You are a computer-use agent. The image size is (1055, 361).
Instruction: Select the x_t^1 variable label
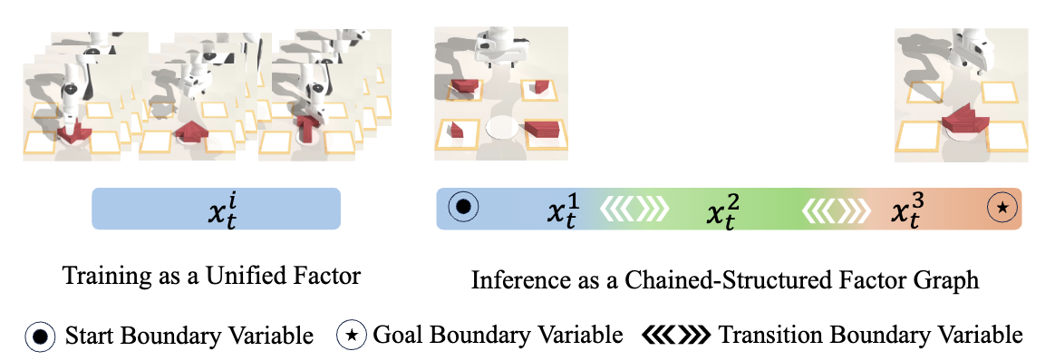pos(563,210)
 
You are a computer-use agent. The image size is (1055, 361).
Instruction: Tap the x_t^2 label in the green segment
pos(723,210)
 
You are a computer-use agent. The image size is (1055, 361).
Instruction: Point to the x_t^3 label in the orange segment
pos(907,210)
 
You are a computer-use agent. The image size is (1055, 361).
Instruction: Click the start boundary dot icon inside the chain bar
pos(463,208)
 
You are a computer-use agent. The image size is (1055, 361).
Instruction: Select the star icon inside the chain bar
pos(1002,208)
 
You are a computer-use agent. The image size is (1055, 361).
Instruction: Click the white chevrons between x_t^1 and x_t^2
pos(634,209)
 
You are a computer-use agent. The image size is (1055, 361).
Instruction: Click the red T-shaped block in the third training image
pos(306,128)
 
